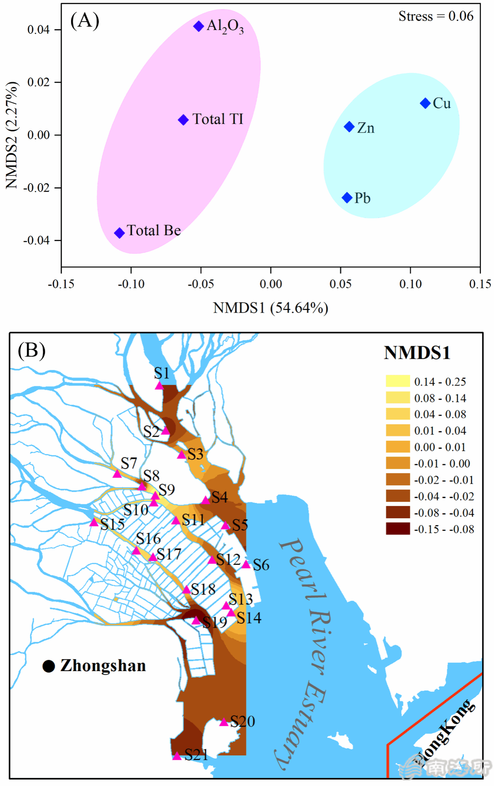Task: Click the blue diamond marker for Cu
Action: click(425, 103)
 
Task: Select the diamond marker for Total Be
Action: click(119, 233)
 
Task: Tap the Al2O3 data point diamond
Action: click(198, 26)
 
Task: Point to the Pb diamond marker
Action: click(347, 198)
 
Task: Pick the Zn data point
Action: click(349, 127)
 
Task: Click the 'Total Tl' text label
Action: click(218, 119)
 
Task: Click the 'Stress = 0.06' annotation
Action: click(436, 16)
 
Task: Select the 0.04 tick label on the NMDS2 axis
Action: click(38, 30)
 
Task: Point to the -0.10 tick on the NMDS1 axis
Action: click(131, 284)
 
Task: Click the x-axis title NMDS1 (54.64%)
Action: click(270, 308)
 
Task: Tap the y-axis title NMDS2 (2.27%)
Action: click(12, 135)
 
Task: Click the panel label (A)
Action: click(85, 20)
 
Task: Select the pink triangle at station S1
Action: click(159, 385)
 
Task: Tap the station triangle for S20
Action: click(224, 722)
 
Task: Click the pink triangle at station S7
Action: click(117, 474)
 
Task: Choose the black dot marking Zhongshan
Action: click(49, 666)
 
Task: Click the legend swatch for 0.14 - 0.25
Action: click(398, 381)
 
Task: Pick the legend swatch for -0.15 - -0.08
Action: click(398, 529)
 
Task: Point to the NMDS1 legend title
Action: click(417, 353)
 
